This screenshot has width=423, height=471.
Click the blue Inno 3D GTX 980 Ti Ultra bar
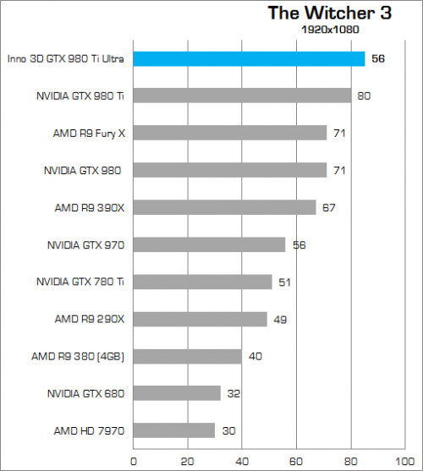(249, 58)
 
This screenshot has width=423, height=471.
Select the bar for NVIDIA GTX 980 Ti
(242, 96)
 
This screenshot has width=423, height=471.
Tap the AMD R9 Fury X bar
(229, 133)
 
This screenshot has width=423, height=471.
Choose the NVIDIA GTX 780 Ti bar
(202, 282)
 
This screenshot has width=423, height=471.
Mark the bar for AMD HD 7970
(173, 430)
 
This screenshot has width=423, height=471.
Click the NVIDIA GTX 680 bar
(177, 393)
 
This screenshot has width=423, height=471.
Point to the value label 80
(364, 96)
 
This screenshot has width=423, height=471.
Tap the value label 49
(281, 320)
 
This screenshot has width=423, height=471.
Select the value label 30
(228, 431)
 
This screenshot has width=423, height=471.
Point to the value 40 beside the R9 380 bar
(255, 357)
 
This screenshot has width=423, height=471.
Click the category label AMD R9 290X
(90, 319)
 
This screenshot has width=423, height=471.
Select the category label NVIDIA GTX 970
(85, 245)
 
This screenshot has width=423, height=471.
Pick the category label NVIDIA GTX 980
(82, 171)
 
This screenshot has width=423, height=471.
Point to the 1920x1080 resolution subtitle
(331, 30)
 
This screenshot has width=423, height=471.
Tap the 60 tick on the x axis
(295, 462)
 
